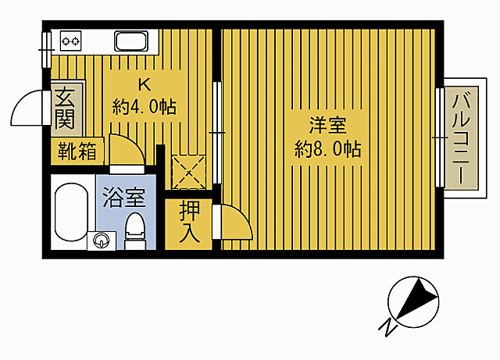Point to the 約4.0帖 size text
144,106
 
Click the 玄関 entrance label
63,109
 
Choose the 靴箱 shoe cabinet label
76,151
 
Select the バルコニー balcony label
462,137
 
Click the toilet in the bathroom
136,228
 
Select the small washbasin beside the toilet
102,240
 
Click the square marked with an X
188,171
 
